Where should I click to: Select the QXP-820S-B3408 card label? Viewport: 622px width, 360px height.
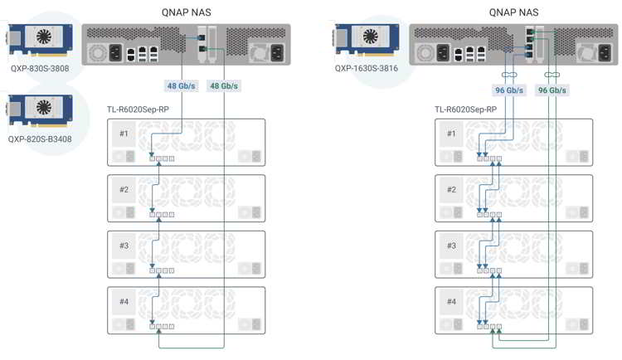click(41, 139)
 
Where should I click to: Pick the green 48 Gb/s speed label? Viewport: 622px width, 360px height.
click(225, 86)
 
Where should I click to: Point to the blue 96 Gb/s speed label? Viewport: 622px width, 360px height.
click(509, 90)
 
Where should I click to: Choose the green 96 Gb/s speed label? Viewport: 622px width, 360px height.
click(553, 90)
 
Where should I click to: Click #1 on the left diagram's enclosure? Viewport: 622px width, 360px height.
click(124, 134)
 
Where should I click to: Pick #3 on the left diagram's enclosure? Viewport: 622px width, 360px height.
click(124, 246)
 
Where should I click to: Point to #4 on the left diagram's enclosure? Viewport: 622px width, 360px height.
click(124, 301)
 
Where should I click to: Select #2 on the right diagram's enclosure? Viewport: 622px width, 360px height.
click(452, 190)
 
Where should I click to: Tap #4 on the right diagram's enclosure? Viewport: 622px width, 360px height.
click(452, 301)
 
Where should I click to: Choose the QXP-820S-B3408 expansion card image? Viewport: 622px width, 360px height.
click(41, 110)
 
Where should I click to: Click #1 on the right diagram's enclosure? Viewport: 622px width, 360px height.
click(452, 134)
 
